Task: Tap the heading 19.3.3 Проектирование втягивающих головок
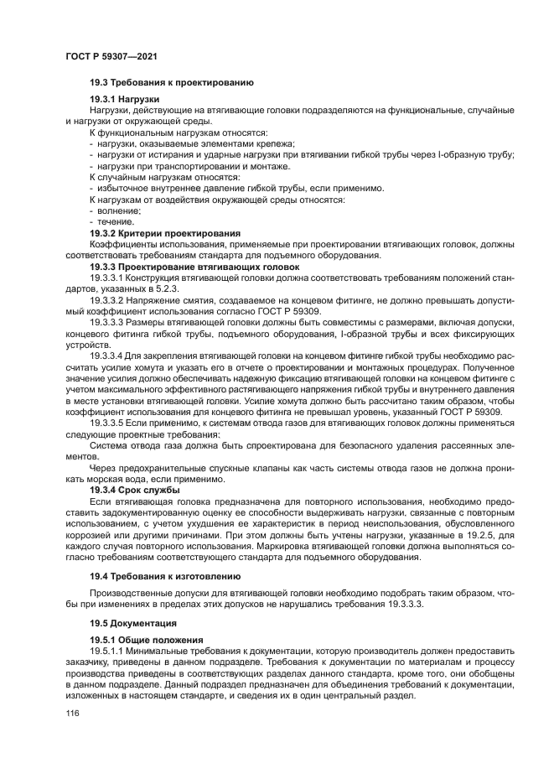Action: click(194, 266)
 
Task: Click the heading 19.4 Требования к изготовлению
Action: click(165, 576)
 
